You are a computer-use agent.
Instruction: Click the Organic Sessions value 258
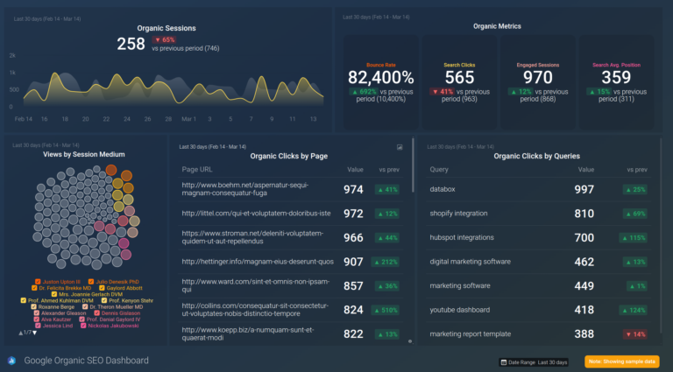pyautogui.click(x=131, y=44)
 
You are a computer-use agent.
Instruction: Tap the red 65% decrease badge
pyautogui.click(x=164, y=39)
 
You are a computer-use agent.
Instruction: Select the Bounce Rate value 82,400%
pyautogui.click(x=379, y=79)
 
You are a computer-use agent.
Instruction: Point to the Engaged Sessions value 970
pyautogui.click(x=537, y=79)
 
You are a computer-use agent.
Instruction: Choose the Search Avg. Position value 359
pyautogui.click(x=616, y=79)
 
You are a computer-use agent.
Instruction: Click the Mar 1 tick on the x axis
pyautogui.click(x=188, y=118)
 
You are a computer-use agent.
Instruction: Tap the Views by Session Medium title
pyautogui.click(x=84, y=154)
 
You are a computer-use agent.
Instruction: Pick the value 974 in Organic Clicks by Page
pyautogui.click(x=353, y=189)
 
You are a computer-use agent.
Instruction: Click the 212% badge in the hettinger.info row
pyautogui.click(x=386, y=262)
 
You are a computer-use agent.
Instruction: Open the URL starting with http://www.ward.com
pyautogui.click(x=256, y=286)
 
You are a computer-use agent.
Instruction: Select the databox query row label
pyautogui.click(x=449, y=189)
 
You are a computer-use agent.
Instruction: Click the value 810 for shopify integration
pyautogui.click(x=584, y=214)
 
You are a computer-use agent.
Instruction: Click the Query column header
pyautogui.click(x=439, y=170)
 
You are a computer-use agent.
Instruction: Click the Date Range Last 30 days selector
pyautogui.click(x=534, y=361)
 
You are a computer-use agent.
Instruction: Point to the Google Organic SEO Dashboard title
pyautogui.click(x=86, y=361)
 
